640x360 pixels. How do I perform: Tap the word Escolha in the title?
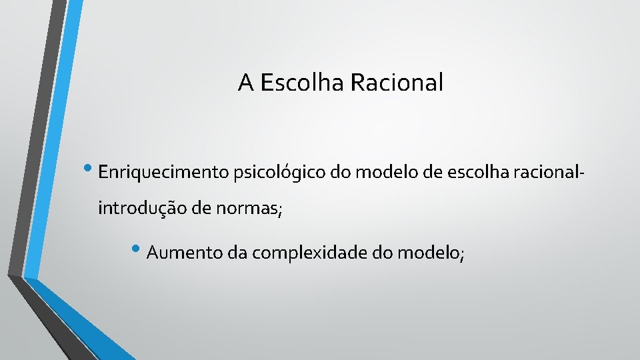(301, 83)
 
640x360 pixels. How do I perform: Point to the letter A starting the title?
(245, 83)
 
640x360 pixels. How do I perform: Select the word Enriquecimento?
(163, 173)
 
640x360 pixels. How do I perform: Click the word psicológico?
(279, 173)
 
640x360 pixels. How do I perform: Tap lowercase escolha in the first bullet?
(479, 173)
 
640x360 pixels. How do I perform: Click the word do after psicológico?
(340, 173)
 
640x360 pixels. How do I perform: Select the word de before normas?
(201, 209)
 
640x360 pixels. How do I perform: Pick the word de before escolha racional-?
(433, 173)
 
